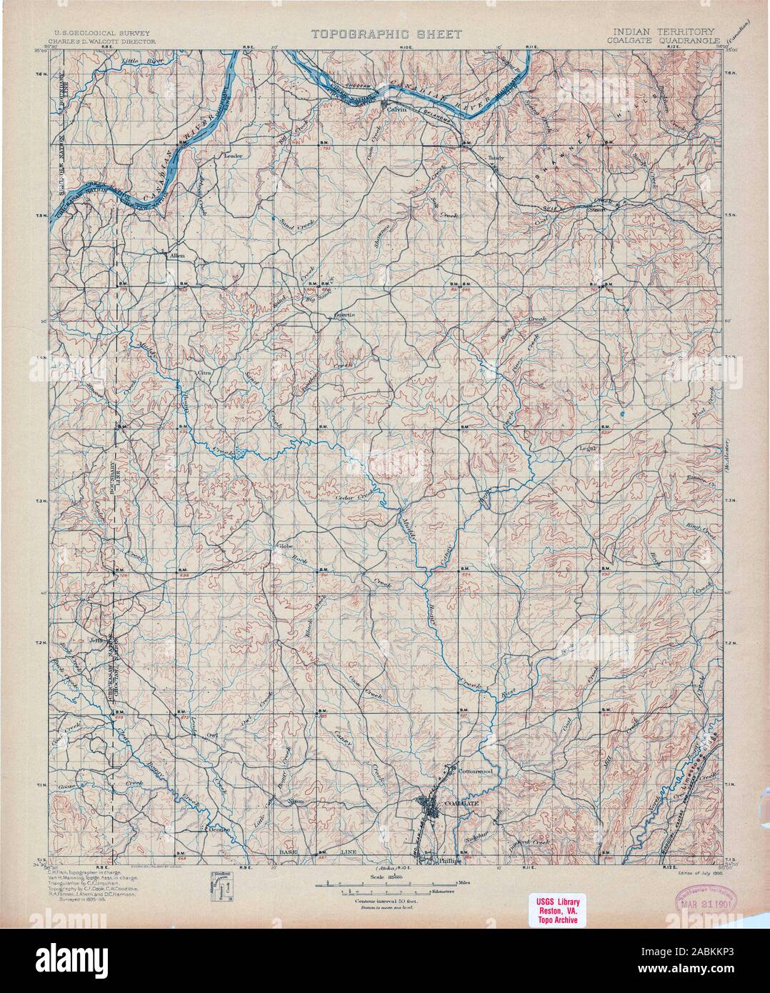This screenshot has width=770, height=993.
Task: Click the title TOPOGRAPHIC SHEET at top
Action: pos(386,34)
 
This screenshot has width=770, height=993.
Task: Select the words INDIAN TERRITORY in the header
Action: pos(664,32)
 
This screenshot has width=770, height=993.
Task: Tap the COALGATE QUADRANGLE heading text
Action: pos(664,41)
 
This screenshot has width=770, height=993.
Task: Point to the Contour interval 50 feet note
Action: pos(385,902)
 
